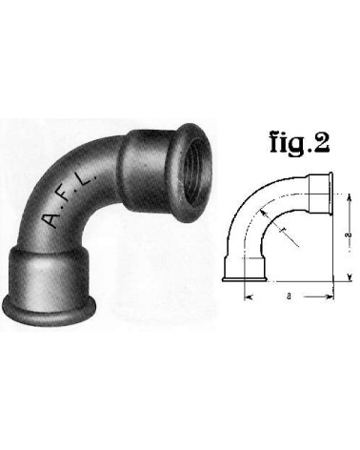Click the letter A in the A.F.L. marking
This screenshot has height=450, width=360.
click(49, 222)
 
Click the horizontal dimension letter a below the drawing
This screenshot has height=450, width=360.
click(288, 298)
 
